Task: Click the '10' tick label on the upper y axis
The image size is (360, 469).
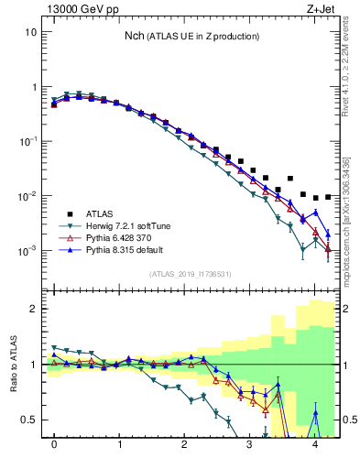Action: click(30, 32)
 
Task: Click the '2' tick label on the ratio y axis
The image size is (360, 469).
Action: click(33, 309)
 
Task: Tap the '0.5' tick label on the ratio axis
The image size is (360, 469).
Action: click(29, 420)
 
